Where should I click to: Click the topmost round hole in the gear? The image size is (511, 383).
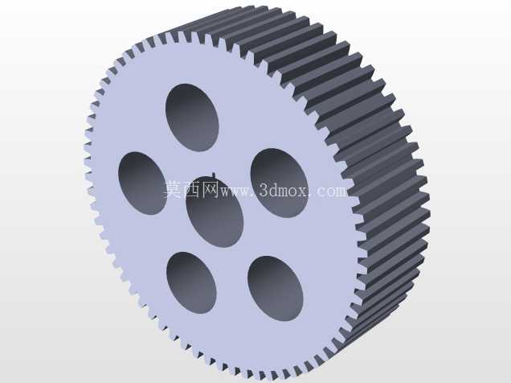(x=192, y=117)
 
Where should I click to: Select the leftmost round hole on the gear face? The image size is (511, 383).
(x=143, y=183)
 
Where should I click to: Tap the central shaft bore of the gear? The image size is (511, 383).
(x=215, y=212)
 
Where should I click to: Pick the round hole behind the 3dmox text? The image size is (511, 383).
(x=280, y=183)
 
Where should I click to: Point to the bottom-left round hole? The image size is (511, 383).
(x=191, y=282)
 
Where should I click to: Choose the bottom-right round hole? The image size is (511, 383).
(x=276, y=288)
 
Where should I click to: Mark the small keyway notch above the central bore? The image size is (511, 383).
(x=214, y=176)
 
